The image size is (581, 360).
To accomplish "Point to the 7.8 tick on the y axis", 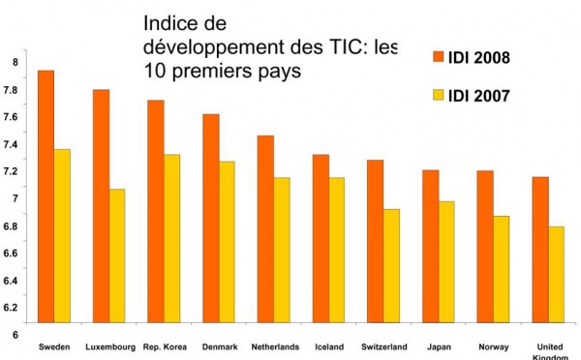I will tap(13, 90).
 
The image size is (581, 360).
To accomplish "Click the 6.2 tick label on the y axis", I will tap(13, 308).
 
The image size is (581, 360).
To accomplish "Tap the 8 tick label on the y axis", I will tap(15, 63).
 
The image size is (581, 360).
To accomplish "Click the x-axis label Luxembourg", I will tap(109, 345).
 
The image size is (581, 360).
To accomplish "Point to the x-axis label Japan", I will tap(438, 345).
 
